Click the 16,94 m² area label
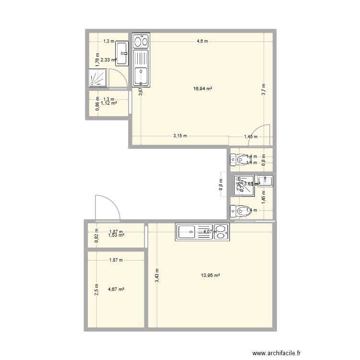[x=203, y=88]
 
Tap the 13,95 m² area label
[x=211, y=276]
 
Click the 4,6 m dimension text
[x=202, y=41]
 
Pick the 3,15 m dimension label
[x=180, y=136]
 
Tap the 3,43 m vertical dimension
[x=157, y=276]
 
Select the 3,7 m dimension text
[x=264, y=89]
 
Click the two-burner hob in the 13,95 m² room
[x=221, y=232]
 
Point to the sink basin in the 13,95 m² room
[x=185, y=232]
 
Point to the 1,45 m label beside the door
[x=251, y=137]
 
